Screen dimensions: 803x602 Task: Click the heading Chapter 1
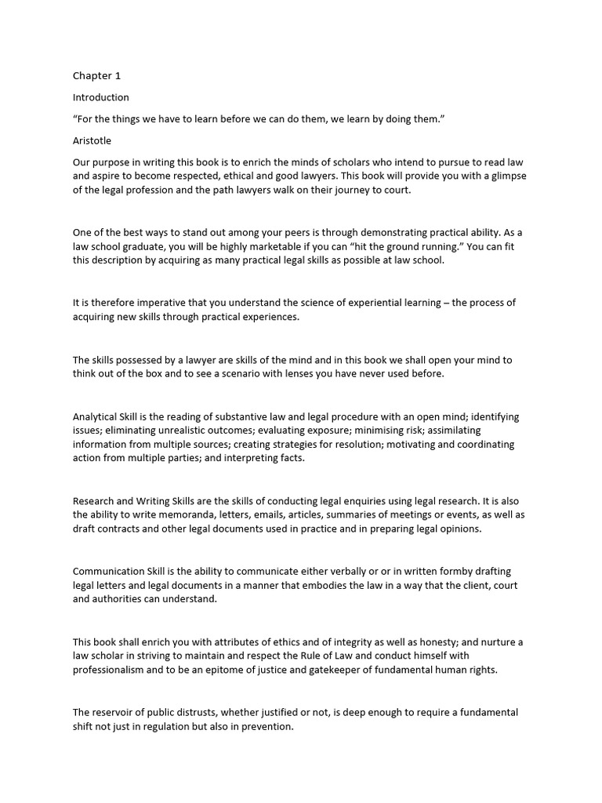(x=97, y=76)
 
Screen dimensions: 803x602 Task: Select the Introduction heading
(x=101, y=98)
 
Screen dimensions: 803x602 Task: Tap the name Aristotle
(x=92, y=141)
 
